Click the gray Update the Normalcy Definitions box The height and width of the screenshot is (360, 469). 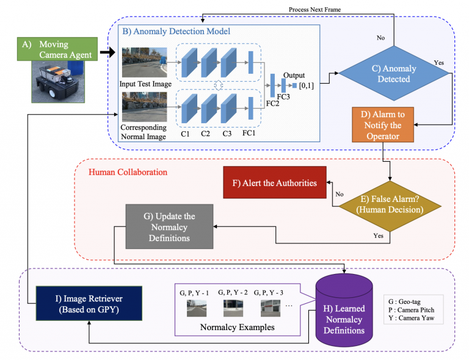click(169, 226)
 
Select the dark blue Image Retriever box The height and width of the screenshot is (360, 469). click(88, 303)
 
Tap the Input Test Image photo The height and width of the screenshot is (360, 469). click(144, 62)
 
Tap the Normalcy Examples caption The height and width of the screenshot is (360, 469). click(238, 328)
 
